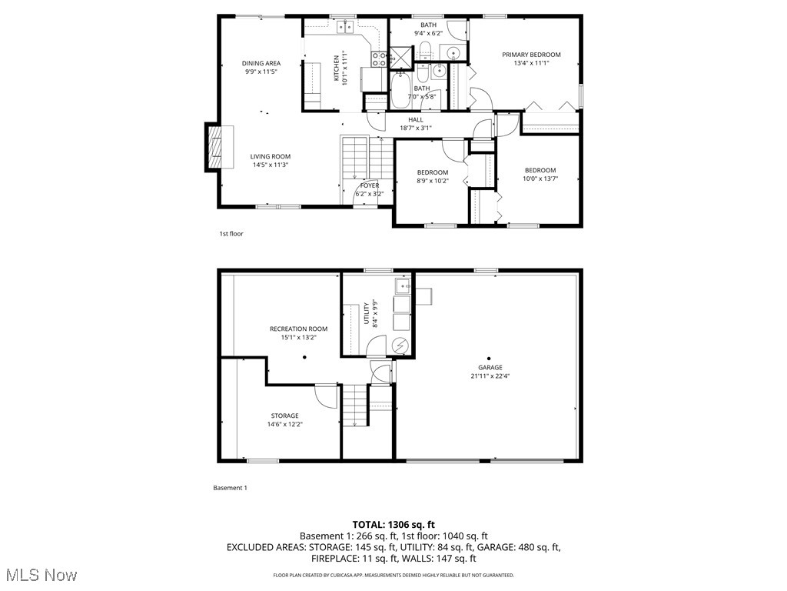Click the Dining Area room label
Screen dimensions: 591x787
(261, 63)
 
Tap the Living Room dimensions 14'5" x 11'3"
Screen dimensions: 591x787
(264, 165)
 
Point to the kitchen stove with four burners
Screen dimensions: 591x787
(379, 58)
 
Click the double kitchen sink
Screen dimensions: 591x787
(344, 29)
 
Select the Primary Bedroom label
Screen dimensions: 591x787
(531, 55)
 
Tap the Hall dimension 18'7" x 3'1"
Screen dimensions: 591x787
(416, 128)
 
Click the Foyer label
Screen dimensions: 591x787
(370, 185)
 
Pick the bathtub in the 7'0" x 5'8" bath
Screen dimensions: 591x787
(402, 90)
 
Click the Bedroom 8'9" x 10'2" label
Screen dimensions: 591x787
(433, 172)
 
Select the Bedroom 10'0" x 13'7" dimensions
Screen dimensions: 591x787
(540, 179)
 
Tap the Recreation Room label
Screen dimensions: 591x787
(298, 329)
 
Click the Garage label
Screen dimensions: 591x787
(490, 367)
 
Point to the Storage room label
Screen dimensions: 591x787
(284, 416)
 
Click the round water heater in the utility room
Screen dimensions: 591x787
(400, 346)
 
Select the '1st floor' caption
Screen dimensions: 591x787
(231, 233)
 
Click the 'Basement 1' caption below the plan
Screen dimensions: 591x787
(230, 488)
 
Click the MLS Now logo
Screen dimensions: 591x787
(40, 575)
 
